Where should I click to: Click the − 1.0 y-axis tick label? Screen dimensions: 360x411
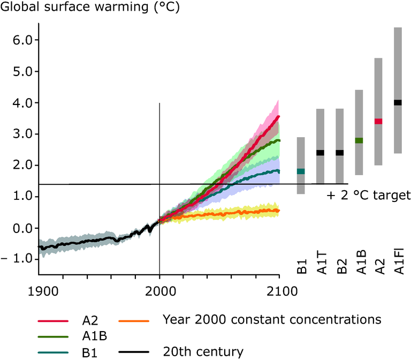coord(19,260)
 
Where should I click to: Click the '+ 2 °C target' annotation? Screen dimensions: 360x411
coord(368,195)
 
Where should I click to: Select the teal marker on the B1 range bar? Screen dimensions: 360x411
coord(301,171)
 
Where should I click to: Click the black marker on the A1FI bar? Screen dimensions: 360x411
coord(398,102)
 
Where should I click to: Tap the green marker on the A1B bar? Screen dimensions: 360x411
coord(359,140)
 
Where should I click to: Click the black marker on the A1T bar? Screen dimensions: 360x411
coord(321,153)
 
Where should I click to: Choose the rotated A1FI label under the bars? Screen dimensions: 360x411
coord(398,261)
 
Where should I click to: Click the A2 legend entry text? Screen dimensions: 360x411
coord(91,321)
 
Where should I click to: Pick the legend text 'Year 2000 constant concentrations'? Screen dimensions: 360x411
coord(271,320)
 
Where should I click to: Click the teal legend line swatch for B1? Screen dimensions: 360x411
coord(54,352)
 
